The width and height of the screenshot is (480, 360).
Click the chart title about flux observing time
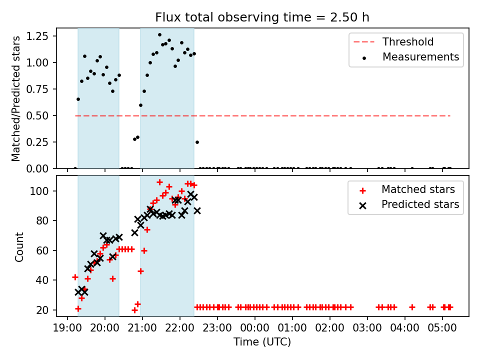click(262, 17)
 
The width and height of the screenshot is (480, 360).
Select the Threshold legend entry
click(393, 42)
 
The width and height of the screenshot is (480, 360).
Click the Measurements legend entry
click(410, 57)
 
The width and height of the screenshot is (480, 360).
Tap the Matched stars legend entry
click(407, 189)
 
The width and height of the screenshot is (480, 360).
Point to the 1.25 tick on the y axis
click(37, 36)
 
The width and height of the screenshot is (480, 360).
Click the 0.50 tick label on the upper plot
click(37, 115)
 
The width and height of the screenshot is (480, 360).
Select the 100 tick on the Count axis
click(39, 191)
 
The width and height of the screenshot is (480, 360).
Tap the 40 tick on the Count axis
click(42, 280)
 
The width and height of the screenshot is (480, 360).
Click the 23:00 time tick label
click(217, 328)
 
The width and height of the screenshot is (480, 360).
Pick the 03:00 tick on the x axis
click(367, 328)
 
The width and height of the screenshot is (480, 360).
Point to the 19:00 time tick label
click(67, 328)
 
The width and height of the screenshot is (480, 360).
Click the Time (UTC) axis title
click(262, 341)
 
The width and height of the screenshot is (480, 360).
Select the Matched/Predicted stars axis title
click(15, 98)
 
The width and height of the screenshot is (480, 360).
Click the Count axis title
click(19, 246)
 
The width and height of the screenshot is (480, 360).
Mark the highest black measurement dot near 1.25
click(159, 35)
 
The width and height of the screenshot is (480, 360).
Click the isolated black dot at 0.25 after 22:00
click(197, 142)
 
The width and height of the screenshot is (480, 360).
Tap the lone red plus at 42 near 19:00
click(75, 277)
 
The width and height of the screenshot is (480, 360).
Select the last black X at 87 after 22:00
click(197, 210)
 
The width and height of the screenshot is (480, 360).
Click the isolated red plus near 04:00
click(412, 307)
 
